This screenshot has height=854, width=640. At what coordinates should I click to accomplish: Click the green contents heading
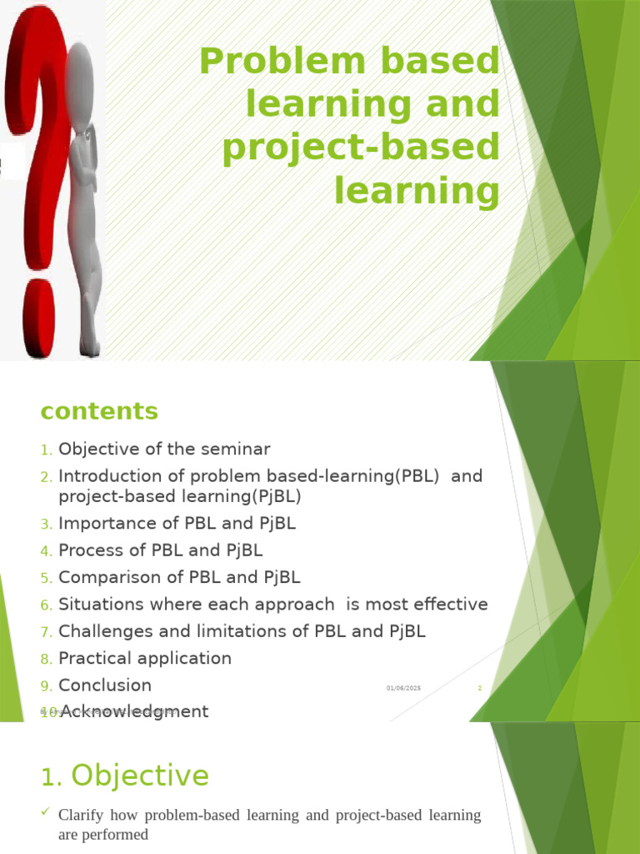coord(99,411)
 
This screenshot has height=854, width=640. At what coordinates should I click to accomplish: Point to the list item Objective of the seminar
coord(164,450)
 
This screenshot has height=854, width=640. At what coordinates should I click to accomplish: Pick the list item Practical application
coord(145,658)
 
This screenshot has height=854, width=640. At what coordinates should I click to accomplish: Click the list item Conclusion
coord(105,686)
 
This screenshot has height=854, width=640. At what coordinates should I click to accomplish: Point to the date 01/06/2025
coord(403,688)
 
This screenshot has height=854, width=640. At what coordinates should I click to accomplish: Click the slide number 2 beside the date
coord(479,688)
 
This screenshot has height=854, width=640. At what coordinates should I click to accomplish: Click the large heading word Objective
coord(140,776)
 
